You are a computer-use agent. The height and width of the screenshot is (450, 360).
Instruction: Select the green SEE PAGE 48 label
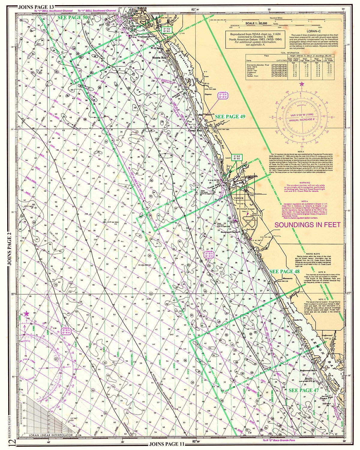[x=284, y=271]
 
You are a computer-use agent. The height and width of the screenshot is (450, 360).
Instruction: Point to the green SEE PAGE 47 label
[x=303, y=390]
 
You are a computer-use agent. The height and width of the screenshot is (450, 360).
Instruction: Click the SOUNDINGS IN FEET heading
[x=307, y=224]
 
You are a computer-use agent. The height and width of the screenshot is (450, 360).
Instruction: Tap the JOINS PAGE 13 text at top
[x=36, y=7]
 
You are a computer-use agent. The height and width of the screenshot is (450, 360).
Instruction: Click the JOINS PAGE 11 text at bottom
[x=165, y=443]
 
